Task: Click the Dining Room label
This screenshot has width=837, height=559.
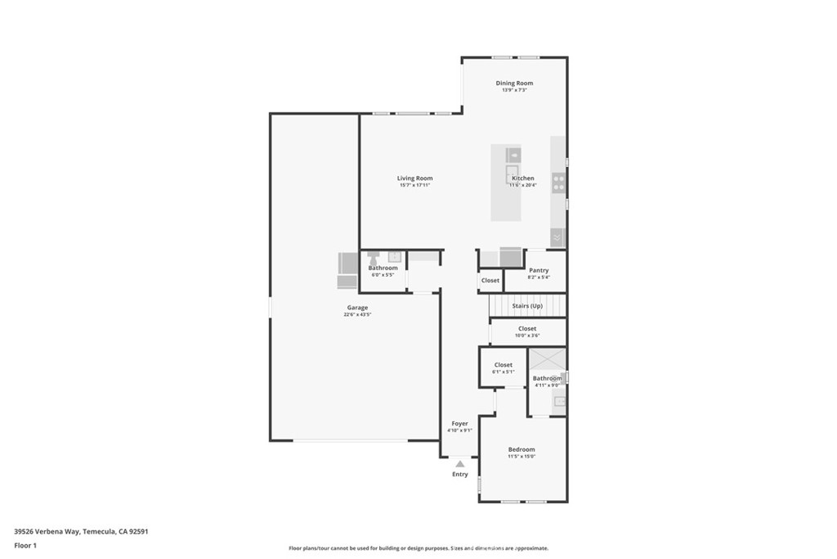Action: [514, 83]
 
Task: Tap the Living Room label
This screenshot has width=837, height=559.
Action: [414, 178]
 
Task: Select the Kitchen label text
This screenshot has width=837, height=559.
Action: [523, 178]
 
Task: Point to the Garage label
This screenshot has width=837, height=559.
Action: [357, 308]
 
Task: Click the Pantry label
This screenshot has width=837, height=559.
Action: [539, 270]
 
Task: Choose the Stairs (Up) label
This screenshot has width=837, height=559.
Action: [527, 306]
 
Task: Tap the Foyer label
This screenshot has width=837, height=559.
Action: [459, 423]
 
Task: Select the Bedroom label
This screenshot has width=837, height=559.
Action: [521, 449]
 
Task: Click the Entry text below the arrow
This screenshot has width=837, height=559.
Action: [460, 475]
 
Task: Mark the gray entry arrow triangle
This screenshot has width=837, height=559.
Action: [460, 463]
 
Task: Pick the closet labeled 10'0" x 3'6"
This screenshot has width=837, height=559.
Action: [527, 331]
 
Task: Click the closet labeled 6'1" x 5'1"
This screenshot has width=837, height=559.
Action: [504, 367]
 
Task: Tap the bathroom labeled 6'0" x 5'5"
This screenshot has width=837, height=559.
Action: [383, 271]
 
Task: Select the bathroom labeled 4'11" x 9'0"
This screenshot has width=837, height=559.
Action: [547, 381]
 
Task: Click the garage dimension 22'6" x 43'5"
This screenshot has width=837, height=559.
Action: [357, 315]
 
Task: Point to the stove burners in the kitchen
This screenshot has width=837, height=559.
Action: [559, 183]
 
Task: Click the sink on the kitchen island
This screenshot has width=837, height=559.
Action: [512, 154]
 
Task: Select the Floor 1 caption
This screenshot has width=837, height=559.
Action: [25, 545]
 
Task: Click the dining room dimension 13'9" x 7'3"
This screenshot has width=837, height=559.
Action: [514, 90]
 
